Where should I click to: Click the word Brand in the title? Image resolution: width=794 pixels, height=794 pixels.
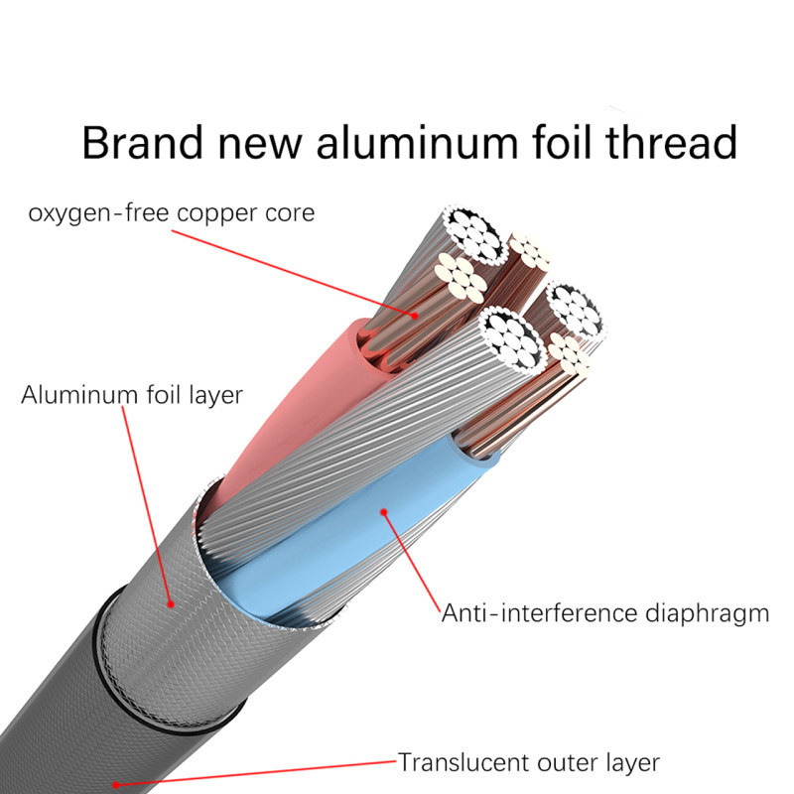142,142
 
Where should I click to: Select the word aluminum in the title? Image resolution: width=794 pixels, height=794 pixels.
417,142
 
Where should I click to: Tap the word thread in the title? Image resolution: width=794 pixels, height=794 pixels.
671,142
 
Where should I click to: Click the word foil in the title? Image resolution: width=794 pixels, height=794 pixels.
562,142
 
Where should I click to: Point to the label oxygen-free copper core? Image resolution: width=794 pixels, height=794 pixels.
172,213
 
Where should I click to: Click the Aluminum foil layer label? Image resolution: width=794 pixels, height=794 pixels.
132,394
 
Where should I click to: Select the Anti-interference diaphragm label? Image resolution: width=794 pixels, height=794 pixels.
605,613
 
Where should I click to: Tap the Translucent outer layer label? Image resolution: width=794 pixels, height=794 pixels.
529,762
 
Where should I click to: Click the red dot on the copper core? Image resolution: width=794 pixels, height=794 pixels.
415,315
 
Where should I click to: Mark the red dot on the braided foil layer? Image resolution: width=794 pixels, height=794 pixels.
171,604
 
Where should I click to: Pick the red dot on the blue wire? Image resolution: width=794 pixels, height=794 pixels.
384,512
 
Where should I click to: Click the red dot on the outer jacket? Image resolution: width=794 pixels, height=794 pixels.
116,785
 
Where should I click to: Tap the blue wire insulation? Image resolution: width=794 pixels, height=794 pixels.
354,532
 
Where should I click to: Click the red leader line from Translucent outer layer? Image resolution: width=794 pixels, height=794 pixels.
257,773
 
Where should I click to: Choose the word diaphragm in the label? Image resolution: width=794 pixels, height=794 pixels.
707,614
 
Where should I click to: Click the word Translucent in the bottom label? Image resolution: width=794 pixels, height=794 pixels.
462,762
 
